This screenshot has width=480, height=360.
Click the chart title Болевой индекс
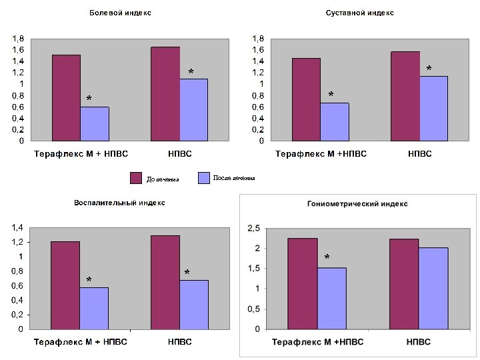tap(120, 13)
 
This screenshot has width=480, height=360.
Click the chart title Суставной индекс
tap(360, 13)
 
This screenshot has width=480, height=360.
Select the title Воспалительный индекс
tap(119, 203)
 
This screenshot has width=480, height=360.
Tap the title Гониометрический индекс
tap(357, 203)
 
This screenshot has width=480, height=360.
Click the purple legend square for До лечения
tap(136, 178)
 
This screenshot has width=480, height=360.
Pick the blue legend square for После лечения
tap(205, 177)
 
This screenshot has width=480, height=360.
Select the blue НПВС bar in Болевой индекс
tap(193, 109)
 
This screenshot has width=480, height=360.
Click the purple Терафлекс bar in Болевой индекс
tap(66, 97)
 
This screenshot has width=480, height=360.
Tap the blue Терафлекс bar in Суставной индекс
tap(334, 121)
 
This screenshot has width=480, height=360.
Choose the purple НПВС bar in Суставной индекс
tap(405, 96)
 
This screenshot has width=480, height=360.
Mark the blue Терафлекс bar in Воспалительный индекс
tap(94, 308)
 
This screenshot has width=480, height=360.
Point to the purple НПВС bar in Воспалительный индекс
tap(165, 282)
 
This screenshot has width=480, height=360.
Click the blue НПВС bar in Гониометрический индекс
tap(433, 288)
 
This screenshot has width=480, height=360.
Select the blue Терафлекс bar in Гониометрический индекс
tap(331, 298)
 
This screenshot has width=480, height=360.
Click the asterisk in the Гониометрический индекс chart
tap(327, 257)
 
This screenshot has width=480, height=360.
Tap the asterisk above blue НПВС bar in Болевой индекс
tap(191, 71)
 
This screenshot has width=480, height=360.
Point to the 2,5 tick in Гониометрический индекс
tap(253, 229)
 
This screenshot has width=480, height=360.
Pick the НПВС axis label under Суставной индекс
tap(419, 154)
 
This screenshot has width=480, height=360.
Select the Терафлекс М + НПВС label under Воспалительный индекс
tap(81, 342)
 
